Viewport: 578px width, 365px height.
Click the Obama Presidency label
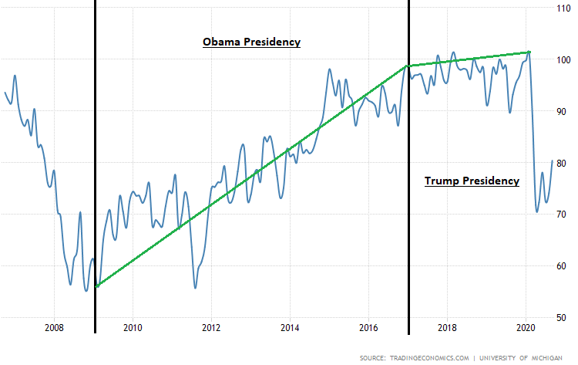pyautogui.click(x=251, y=42)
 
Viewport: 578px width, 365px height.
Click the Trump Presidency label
pyautogui.click(x=472, y=181)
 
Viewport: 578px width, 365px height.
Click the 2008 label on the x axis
pyautogui.click(x=54, y=327)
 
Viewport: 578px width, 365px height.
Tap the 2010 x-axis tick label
pyautogui.click(x=133, y=327)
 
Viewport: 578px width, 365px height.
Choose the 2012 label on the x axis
pyautogui.click(x=211, y=327)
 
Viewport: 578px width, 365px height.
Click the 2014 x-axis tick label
pyautogui.click(x=290, y=327)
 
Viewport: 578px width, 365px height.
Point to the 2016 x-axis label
pyautogui.click(x=368, y=327)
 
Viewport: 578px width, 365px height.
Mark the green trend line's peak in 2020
pyautogui.click(x=529, y=52)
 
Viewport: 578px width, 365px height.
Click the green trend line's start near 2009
pyautogui.click(x=97, y=286)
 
